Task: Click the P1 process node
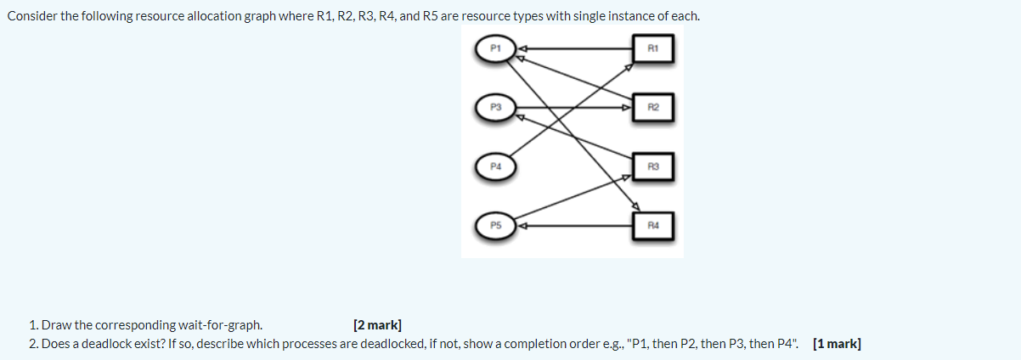tap(495, 48)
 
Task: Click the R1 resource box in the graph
tap(653, 49)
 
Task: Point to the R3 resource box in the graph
tap(653, 166)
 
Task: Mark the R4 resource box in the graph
tap(653, 226)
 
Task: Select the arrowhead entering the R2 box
tap(629, 108)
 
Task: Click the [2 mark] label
tap(377, 324)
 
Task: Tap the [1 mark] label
tap(836, 343)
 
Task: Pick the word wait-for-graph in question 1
tap(220, 324)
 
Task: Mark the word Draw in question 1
tap(55, 324)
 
